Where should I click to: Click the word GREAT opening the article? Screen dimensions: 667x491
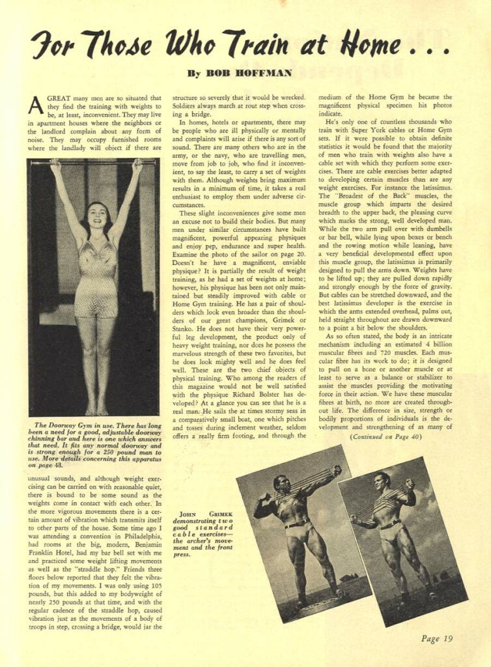pos(63,98)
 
